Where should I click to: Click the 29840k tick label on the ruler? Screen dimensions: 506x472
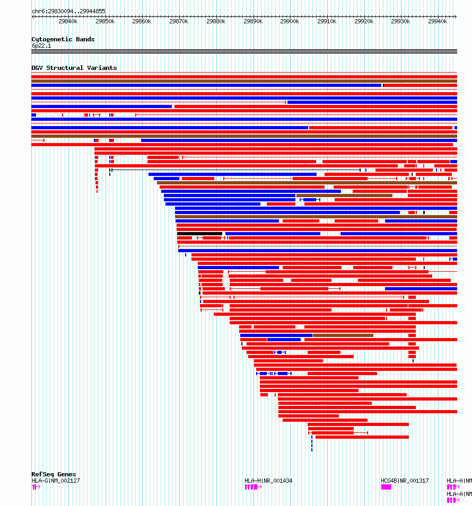pyautogui.click(x=68, y=21)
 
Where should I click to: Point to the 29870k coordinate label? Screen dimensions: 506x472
pyautogui.click(x=179, y=21)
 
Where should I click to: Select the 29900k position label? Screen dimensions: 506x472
pyautogui.click(x=290, y=21)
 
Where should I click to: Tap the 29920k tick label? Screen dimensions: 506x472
pyautogui.click(x=364, y=21)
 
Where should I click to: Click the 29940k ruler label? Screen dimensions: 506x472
pyautogui.click(x=438, y=21)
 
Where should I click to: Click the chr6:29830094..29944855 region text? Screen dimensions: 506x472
pyautogui.click(x=68, y=11)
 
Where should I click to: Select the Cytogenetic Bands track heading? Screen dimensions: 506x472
pyautogui.click(x=63, y=39)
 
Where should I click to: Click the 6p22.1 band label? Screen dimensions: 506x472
pyautogui.click(x=41, y=46)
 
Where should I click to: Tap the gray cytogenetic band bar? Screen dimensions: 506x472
pyautogui.click(x=244, y=51)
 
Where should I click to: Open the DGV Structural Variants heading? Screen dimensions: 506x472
pyautogui.click(x=74, y=68)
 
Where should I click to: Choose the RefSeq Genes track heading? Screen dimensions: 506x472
pyautogui.click(x=54, y=474)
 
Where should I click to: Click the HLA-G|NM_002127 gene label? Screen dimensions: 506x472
pyautogui.click(x=56, y=481)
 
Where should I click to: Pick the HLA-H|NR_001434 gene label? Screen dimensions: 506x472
pyautogui.click(x=268, y=481)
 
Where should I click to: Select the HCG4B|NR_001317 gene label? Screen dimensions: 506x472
pyautogui.click(x=405, y=481)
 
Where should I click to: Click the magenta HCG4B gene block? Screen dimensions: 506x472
pyautogui.click(x=386, y=487)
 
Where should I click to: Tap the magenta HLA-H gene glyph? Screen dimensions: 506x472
pyautogui.click(x=252, y=487)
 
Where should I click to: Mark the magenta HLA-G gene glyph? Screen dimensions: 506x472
pyautogui.click(x=35, y=487)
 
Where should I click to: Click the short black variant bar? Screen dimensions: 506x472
pyautogui.click(x=199, y=234)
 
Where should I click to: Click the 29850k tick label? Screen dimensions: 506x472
pyautogui.click(x=105, y=21)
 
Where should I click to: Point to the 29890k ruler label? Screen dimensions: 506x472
pyautogui.click(x=253, y=21)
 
